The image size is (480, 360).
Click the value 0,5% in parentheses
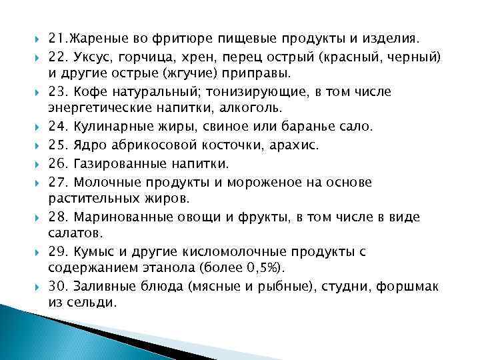264,268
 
